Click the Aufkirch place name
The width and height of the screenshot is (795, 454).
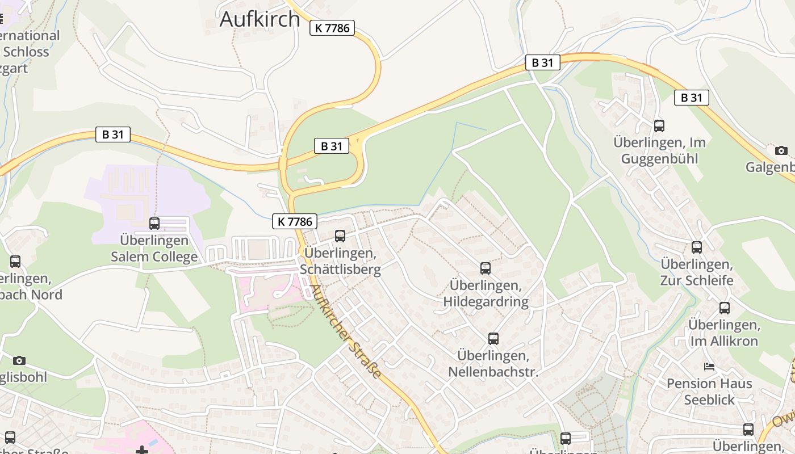[x=260, y=19]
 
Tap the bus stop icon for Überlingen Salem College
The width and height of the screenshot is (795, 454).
[x=154, y=224]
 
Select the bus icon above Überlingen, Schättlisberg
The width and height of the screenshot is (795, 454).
[x=340, y=236]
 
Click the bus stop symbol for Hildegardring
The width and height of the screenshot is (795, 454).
[x=486, y=268]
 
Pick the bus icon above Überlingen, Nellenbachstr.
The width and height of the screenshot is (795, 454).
[x=493, y=339]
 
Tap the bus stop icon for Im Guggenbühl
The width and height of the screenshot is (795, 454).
[x=659, y=126]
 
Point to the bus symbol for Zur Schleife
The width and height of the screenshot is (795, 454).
[x=697, y=247]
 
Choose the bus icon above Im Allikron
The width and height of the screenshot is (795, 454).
[x=725, y=308]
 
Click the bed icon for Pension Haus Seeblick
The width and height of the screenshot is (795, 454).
[x=709, y=367]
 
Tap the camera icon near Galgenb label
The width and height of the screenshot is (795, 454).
[x=781, y=150]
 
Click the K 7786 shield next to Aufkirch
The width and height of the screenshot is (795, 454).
[x=332, y=28]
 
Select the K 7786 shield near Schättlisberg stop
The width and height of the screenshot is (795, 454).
[x=294, y=221]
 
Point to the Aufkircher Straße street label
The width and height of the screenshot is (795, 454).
[x=345, y=331]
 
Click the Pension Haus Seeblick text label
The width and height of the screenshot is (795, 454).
[x=709, y=392]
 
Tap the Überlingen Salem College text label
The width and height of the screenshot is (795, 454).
[x=154, y=248]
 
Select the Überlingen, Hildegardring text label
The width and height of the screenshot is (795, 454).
[x=486, y=293]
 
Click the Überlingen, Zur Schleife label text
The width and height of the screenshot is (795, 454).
[x=697, y=272]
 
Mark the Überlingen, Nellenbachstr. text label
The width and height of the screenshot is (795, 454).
[x=493, y=364]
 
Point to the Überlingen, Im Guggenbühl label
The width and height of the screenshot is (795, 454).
[x=659, y=150]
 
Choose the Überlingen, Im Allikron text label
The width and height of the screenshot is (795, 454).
[x=724, y=333]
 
